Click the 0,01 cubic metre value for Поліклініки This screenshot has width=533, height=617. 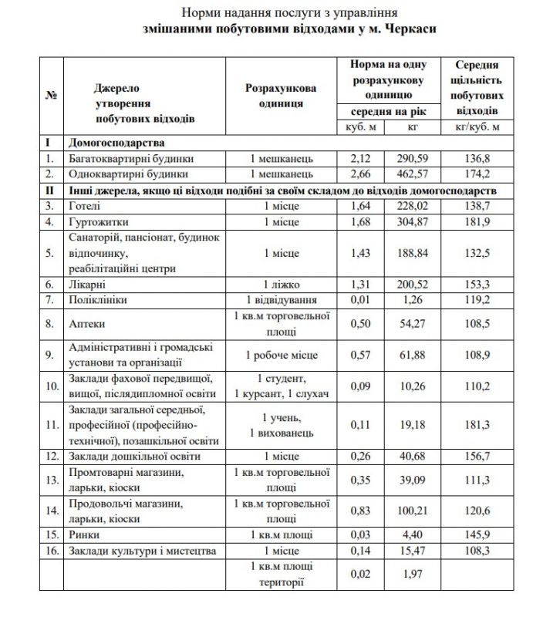pos(361,300)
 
